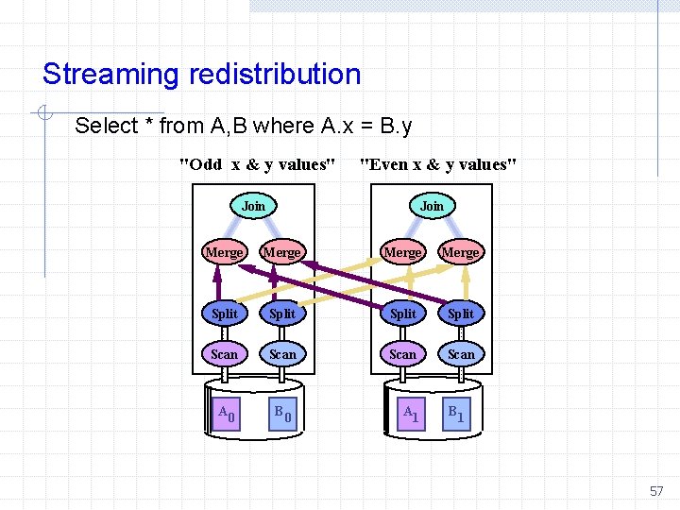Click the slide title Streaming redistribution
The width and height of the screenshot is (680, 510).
(x=201, y=74)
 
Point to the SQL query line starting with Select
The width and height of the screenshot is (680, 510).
(x=243, y=126)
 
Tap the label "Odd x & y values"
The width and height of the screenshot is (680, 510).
(x=258, y=164)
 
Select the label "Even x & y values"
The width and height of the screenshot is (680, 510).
(x=439, y=164)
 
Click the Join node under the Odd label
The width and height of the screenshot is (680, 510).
(x=253, y=206)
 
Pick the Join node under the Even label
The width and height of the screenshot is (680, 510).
(x=432, y=206)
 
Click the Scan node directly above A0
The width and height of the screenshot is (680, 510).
(x=225, y=354)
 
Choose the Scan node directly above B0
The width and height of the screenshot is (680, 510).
(x=282, y=354)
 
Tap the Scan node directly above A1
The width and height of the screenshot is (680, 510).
(x=403, y=354)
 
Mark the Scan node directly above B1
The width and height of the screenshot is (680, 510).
(x=461, y=354)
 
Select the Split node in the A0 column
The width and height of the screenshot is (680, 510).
(x=225, y=313)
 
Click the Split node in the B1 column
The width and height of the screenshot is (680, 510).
(x=461, y=313)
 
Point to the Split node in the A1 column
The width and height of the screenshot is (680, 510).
(x=403, y=313)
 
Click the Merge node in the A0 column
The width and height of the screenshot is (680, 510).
(x=225, y=252)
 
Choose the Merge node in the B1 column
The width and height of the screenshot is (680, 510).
(x=461, y=252)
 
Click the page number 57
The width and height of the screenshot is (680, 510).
(x=656, y=491)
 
